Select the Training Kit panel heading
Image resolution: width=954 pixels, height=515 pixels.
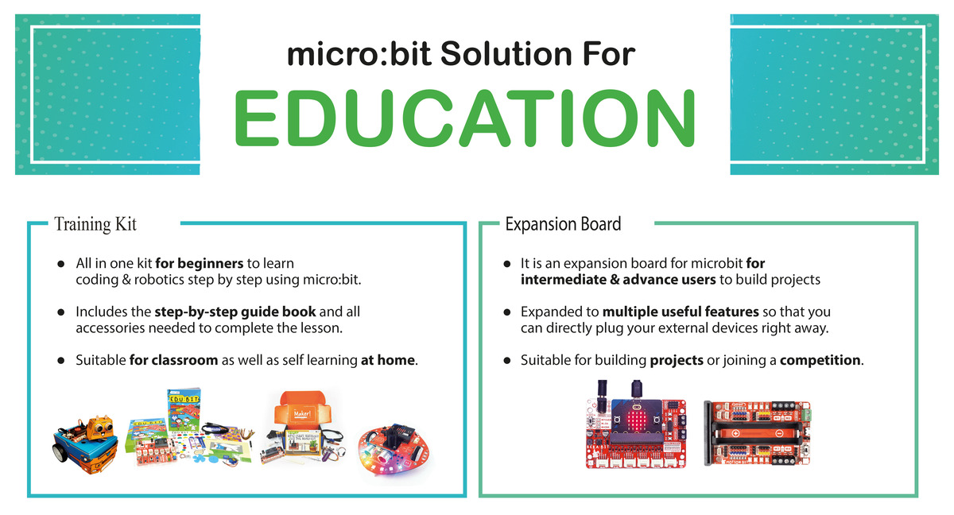click(x=95, y=224)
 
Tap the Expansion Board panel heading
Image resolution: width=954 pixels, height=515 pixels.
click(x=563, y=224)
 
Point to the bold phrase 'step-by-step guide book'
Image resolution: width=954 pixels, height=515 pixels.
click(x=235, y=312)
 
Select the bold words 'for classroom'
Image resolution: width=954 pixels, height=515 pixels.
click(x=173, y=360)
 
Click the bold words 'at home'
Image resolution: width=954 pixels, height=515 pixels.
click(x=388, y=360)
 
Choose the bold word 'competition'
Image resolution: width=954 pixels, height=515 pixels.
click(x=820, y=360)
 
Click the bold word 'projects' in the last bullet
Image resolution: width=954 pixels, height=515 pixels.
click(x=677, y=360)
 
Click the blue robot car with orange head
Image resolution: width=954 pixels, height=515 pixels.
click(x=83, y=442)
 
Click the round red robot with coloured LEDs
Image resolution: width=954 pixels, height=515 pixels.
click(x=392, y=448)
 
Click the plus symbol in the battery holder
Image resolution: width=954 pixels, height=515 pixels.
click(x=735, y=434)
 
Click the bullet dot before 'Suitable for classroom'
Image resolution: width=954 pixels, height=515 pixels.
click(x=60, y=361)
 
